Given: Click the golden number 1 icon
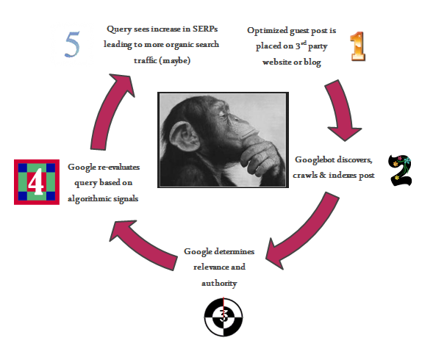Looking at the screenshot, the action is click(358, 46).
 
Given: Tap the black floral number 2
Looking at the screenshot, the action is click(400, 170).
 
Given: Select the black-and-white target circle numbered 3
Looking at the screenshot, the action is click(223, 317).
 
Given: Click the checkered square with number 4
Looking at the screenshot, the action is click(37, 182).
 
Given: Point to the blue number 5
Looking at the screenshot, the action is click(72, 44).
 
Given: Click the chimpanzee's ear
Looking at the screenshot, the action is click(185, 137).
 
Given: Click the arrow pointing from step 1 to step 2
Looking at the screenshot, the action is click(342, 110).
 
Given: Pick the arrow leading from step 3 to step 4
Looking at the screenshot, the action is click(146, 245).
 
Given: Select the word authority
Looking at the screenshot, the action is click(219, 284).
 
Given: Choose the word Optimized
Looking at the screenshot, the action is click(268, 31).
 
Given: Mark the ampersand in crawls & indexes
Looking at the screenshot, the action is click(323, 175).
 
